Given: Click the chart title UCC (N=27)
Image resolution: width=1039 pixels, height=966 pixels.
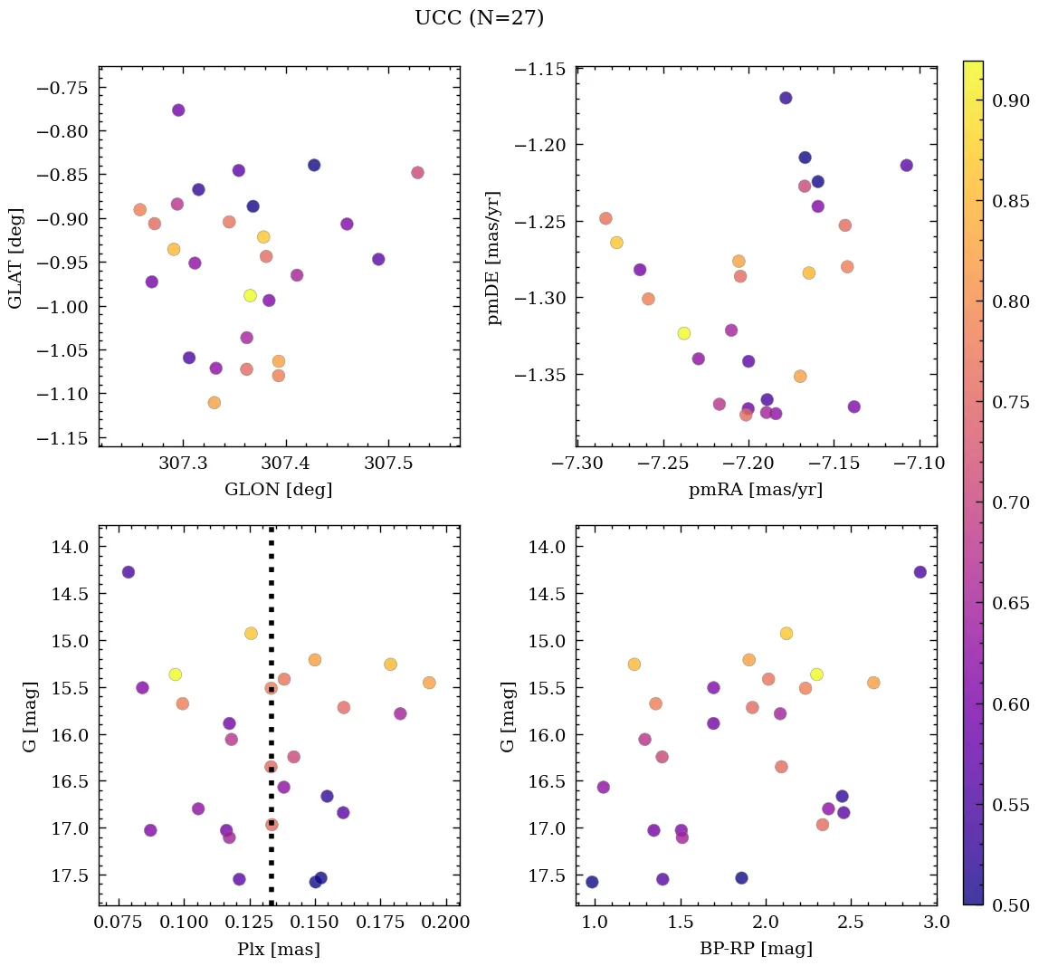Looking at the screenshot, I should (479, 18).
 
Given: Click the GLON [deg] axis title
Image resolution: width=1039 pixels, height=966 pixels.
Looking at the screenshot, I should (278, 490).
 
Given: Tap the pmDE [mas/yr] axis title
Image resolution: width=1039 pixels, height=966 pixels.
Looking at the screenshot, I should (493, 257).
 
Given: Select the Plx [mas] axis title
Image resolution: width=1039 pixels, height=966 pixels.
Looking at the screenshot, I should (278, 949).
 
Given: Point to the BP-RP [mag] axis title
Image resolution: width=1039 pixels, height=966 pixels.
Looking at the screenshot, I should (756, 949).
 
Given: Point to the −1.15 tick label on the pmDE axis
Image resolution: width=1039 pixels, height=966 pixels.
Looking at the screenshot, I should (541, 70).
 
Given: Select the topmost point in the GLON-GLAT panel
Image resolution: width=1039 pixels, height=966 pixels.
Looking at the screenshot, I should (178, 110).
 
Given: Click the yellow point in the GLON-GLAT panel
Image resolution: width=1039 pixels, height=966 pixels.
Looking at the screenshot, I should (250, 296).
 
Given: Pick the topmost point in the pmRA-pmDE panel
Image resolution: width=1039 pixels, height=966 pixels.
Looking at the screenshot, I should (786, 98).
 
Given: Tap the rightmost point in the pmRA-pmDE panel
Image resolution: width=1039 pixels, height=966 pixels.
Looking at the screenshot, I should (907, 166).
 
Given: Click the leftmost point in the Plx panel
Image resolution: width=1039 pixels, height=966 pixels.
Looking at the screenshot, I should (129, 572).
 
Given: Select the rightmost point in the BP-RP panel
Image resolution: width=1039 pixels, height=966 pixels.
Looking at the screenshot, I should (920, 572).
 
